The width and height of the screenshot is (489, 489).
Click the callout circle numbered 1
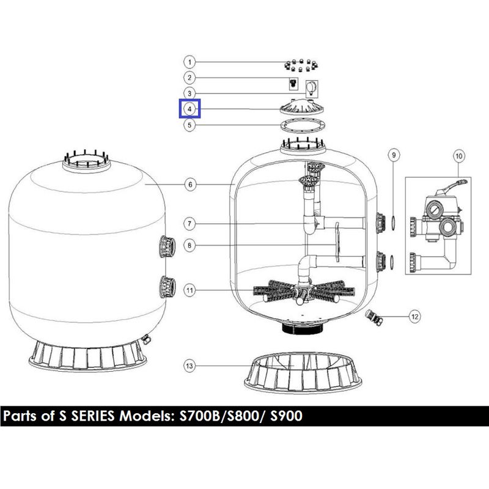coord(189,62)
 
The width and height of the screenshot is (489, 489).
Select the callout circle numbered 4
coord(189,109)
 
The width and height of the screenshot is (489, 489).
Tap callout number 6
coord(190,185)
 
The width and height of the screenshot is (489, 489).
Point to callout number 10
coord(459,156)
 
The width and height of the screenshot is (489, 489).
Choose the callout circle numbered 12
coord(414,317)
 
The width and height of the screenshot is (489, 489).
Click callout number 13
coord(189,366)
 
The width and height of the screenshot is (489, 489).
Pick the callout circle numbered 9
coord(394,155)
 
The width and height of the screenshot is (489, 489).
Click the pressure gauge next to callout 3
coord(312,89)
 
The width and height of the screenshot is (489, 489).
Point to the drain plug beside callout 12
coord(374,317)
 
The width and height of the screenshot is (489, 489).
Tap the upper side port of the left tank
coord(167,247)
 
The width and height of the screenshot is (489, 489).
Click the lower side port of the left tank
coord(167,287)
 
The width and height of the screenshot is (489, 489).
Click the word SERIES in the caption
coord(93,416)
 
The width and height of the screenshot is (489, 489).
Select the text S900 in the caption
coord(286,416)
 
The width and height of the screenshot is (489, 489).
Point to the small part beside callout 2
coord(293,83)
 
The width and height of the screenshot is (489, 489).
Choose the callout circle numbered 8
coord(189,246)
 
